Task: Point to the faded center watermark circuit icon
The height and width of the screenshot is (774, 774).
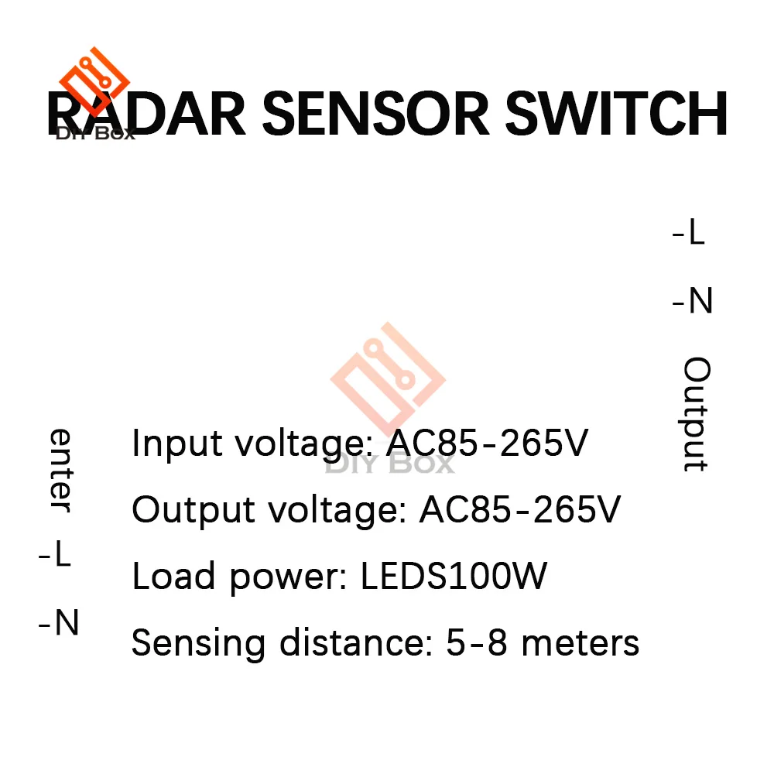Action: [388, 378]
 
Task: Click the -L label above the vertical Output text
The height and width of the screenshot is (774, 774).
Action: [689, 233]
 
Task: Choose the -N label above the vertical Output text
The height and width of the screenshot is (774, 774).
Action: [692, 300]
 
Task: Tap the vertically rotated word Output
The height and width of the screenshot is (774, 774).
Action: [696, 414]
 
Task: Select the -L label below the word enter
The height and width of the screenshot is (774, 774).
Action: [56, 555]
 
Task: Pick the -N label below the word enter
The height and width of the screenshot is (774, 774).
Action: [59, 622]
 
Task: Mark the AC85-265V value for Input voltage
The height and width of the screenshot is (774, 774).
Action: [487, 444]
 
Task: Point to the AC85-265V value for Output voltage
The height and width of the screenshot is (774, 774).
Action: [519, 510]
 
